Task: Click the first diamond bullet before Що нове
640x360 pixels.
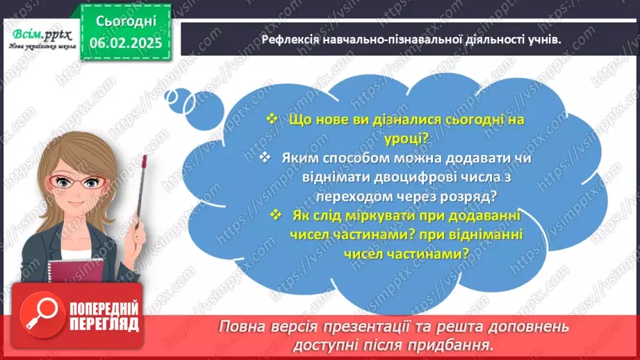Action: pyautogui.click(x=272, y=119)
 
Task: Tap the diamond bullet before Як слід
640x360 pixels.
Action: pyautogui.click(x=277, y=215)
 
